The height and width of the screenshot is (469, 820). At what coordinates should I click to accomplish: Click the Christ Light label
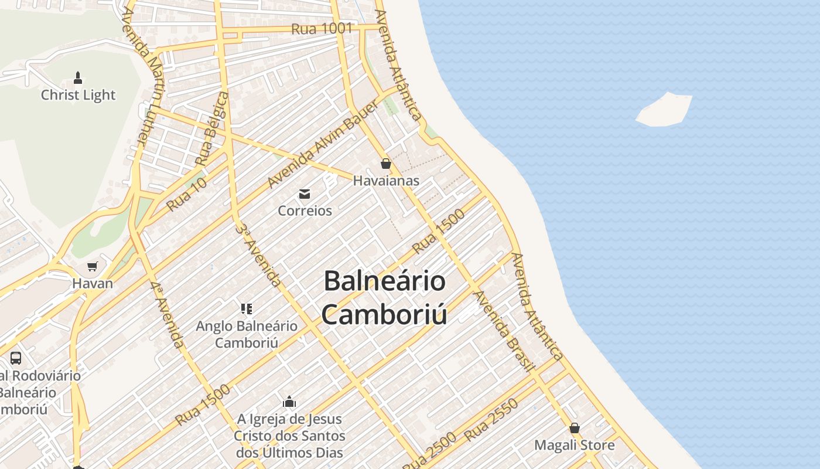point(78,95)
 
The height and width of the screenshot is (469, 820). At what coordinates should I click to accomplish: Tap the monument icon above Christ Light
point(78,77)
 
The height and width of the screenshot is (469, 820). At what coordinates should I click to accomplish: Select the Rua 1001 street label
point(322,29)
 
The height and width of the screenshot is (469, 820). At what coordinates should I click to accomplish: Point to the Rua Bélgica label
point(212,128)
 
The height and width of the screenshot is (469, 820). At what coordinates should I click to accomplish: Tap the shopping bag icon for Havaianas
point(386,164)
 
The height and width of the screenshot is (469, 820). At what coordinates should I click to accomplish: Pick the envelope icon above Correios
point(305,194)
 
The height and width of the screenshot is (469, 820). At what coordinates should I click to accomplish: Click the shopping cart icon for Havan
point(92,267)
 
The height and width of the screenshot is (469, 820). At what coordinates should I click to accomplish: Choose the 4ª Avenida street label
point(167,315)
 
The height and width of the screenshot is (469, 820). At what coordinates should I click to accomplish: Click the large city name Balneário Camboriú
point(384,297)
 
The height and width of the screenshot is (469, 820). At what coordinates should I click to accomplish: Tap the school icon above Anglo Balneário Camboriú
point(247,308)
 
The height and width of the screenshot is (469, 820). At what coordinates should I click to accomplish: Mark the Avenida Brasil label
point(504,331)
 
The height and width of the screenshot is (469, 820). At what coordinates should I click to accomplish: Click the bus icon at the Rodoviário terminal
point(16,358)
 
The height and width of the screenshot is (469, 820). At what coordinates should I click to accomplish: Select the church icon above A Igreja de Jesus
point(289,402)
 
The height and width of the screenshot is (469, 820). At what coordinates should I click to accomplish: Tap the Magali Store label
point(574,445)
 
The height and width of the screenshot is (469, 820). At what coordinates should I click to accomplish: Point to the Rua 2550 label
point(491,420)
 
